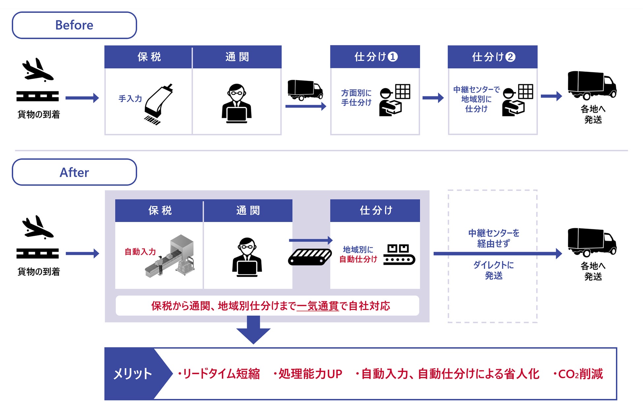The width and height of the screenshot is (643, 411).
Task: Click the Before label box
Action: pos(74,25)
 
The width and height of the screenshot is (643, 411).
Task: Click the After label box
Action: pos(74,172)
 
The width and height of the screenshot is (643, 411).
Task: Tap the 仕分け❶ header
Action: pos(375,57)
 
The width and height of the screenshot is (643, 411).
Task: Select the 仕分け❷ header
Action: pos(493,57)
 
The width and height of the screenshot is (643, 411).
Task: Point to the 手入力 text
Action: pos(130,99)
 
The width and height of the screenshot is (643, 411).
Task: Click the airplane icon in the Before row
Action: pos(37,70)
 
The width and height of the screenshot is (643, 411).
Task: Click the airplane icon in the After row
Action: pos(37,227)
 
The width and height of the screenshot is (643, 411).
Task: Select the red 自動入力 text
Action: pos(140,252)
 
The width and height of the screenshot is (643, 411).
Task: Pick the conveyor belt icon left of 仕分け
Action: pos(310,257)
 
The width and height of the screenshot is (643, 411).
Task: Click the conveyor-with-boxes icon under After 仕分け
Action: pos(399,255)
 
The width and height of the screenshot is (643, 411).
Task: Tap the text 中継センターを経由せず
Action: pos(493,238)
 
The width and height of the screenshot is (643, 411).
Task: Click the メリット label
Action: pos(133,374)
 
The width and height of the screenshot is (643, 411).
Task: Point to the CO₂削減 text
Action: pos(580,374)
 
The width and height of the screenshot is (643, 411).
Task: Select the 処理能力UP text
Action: pos(310,374)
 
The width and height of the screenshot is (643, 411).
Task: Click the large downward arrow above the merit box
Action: pos(253,330)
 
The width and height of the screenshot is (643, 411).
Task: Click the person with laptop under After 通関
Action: pos(247,257)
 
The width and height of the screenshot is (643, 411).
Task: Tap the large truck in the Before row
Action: pos(592,85)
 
